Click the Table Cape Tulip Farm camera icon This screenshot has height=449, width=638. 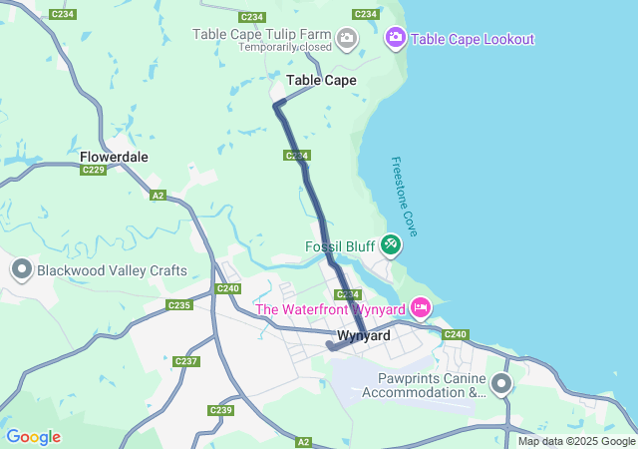pos(347,39)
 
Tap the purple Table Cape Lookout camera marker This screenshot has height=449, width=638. pos(395,38)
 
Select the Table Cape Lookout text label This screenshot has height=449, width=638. pos(473,39)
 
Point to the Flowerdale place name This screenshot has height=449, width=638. pos(114,157)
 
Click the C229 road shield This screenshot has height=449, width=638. pos(94,170)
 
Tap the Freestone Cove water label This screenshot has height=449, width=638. pos(404,196)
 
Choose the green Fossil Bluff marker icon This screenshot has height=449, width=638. pos(391,243)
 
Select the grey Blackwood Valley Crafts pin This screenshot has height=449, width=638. pos(22,269)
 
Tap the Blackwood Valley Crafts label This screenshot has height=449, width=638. pos(112,270)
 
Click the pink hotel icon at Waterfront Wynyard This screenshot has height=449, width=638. pos(420,307)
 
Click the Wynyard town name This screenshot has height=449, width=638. pos(364,336)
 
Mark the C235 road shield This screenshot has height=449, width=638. pos(179,305)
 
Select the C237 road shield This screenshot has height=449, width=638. pos(186,361)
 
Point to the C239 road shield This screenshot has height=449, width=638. pos(220,410)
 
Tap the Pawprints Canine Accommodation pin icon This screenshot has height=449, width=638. pos(500,384)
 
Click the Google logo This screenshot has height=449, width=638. pos(33,437)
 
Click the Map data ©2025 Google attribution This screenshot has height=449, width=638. pos(576,441)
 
